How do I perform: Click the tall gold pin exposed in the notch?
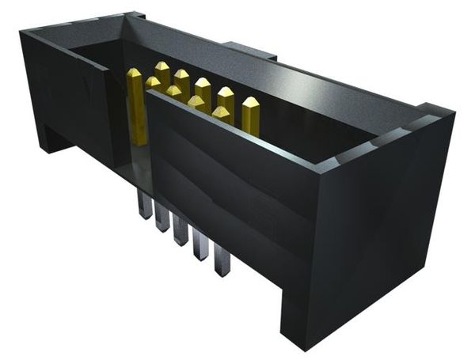(x=135, y=107)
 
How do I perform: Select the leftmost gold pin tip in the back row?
(x=162, y=70)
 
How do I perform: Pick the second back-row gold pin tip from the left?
(x=182, y=77)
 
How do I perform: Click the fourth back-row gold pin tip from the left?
(x=226, y=95)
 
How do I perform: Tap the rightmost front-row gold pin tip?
(x=221, y=113)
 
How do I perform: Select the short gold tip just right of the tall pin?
(x=153, y=82)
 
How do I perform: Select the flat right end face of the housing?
(x=380, y=237)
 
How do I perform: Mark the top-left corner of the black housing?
(x=24, y=33)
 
